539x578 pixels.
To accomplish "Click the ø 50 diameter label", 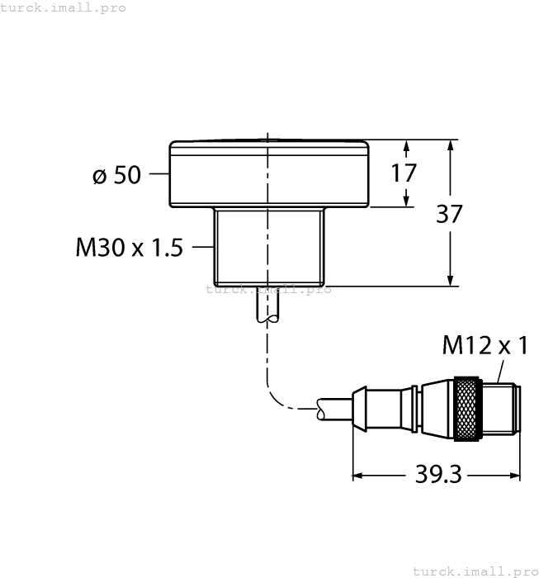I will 116,175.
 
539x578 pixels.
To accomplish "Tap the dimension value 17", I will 404,173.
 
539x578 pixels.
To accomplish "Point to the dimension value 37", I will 449,213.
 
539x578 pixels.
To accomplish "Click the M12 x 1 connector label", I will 485,344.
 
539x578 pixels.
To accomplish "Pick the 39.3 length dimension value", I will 436,476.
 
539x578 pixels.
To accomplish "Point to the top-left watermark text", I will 64,7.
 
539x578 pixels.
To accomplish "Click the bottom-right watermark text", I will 474,571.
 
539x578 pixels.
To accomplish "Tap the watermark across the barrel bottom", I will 268,289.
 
